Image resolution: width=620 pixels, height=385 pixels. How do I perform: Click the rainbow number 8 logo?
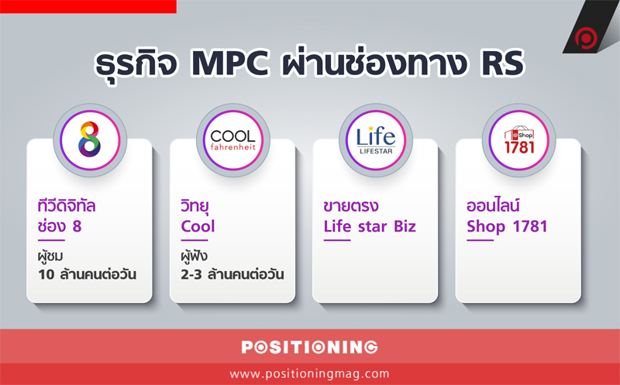pos(90,139)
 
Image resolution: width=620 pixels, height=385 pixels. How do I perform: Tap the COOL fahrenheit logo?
pos(233,140)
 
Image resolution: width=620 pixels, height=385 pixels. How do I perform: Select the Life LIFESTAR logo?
pos(376,139)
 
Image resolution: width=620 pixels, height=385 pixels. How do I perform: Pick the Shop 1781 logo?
pos(518,139)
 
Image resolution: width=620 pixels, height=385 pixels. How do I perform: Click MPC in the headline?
pos(229,64)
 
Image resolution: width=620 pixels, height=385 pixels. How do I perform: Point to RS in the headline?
pos(501,64)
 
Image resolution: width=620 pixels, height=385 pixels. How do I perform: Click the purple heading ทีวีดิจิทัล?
pos(67,205)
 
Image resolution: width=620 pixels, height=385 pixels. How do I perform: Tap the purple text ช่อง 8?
pos(60,226)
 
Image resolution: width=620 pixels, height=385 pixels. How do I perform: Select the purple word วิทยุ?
pos(195,206)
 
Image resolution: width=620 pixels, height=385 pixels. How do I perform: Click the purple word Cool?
pos(198,226)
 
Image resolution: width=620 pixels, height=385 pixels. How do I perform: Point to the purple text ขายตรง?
pos(351,206)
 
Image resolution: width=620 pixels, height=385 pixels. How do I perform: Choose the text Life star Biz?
pos(370,226)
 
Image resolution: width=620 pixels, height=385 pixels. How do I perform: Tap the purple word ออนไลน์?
pos(493,205)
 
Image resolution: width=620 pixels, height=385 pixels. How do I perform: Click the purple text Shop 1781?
pos(507,227)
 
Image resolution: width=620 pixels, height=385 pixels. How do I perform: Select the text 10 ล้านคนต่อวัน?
pos(87,274)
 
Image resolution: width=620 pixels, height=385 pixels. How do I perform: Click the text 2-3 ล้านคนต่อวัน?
pos(232,274)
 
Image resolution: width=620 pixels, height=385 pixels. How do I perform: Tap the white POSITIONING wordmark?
pos(309,347)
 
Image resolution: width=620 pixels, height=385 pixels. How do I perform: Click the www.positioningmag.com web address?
pos(309,373)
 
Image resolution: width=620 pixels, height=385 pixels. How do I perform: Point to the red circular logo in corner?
pos(586,38)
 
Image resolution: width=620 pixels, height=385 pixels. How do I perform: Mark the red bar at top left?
pos(88,7)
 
